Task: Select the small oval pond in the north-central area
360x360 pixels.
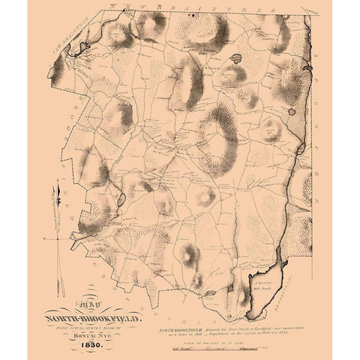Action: tap(236, 56)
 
